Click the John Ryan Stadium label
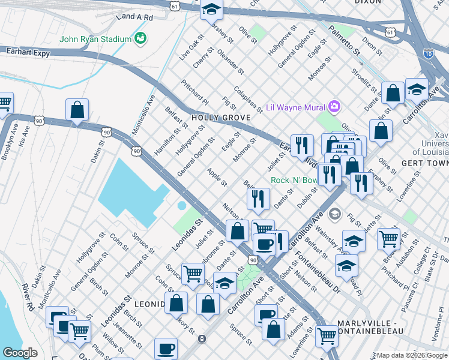point(95,40)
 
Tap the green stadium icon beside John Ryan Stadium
point(140,39)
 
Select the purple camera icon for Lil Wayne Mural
point(334,107)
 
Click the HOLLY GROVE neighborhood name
point(220,118)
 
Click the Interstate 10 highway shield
point(427,54)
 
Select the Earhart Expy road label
point(22,52)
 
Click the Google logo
point(20,353)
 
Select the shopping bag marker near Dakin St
point(77,110)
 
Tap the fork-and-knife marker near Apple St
point(258,199)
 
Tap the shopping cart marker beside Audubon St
point(389,238)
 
